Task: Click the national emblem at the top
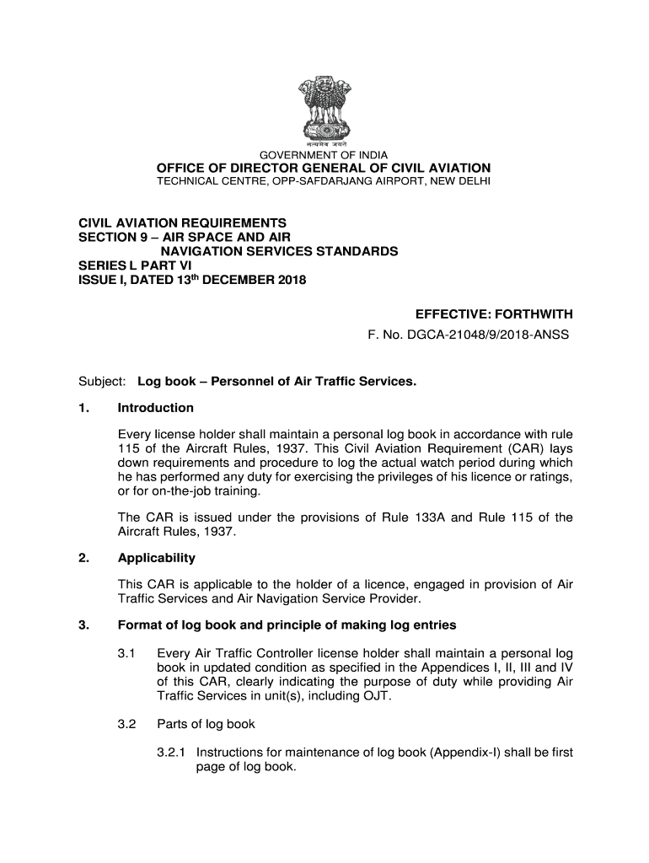coord(324,109)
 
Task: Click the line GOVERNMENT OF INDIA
coord(324,155)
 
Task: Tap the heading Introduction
coord(156,408)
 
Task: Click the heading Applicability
coord(156,558)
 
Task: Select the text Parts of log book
coord(206,724)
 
